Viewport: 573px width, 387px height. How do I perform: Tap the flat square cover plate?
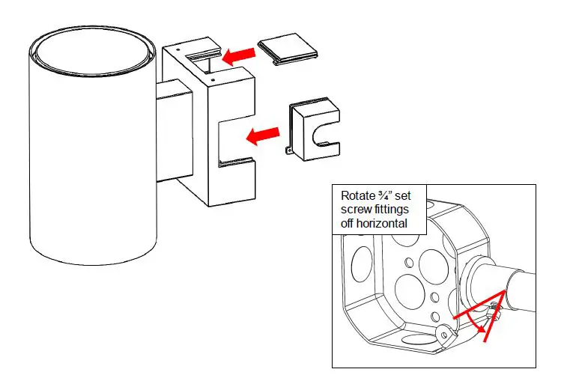click(x=288, y=51)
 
